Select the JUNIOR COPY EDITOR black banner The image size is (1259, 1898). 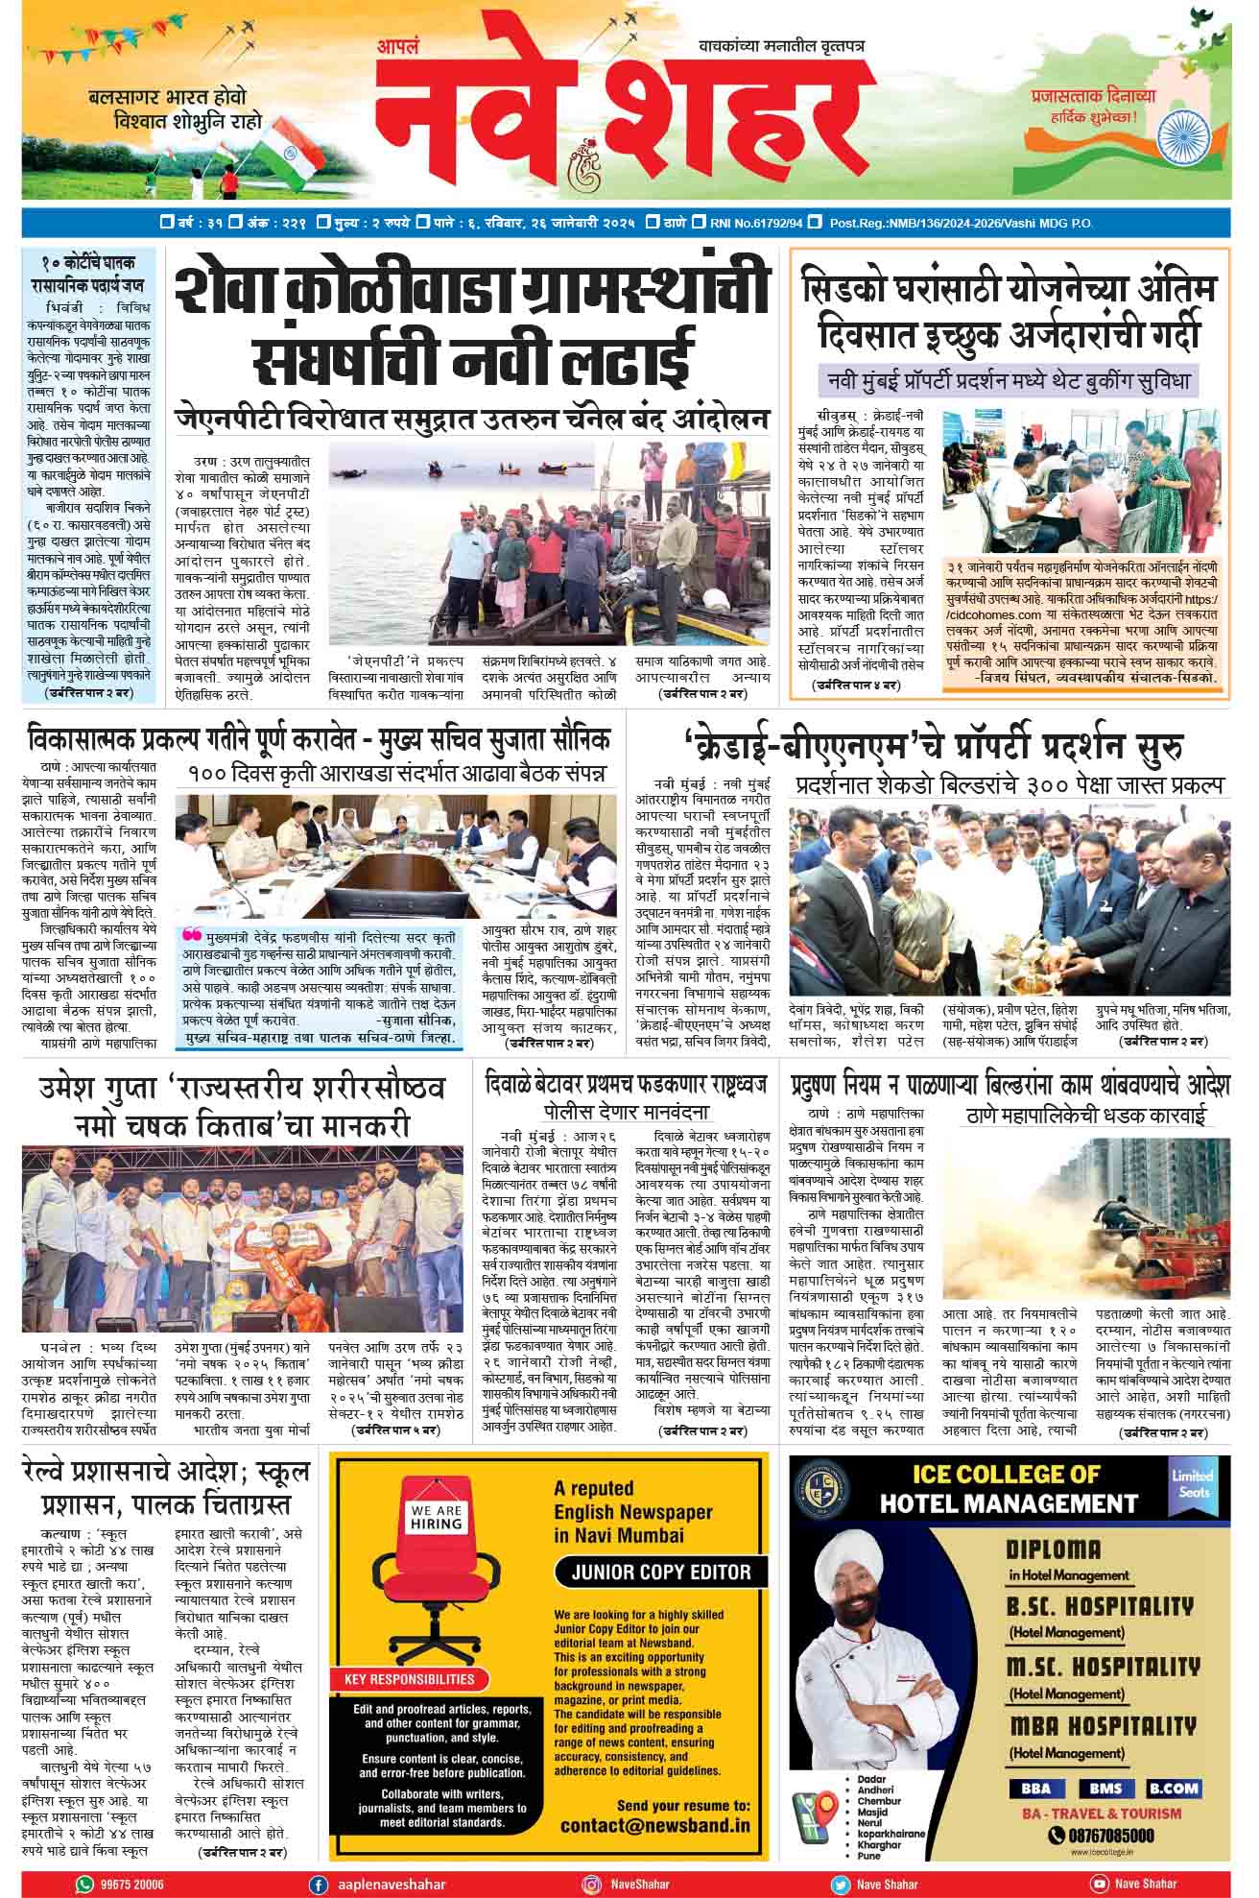coord(661,1572)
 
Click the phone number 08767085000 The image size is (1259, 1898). coord(1102,1836)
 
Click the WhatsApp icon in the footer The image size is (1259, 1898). coord(84,1884)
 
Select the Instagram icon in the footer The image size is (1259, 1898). coord(593,1884)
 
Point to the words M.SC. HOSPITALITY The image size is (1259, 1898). coord(1103,1667)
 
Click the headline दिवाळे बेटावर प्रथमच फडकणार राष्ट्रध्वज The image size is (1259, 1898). coord(627,1086)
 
